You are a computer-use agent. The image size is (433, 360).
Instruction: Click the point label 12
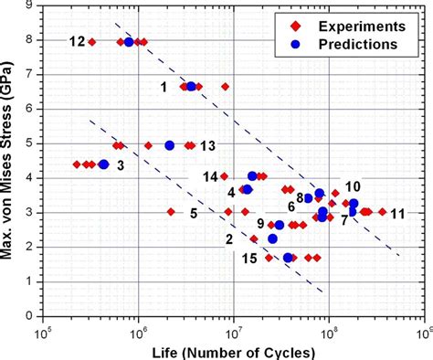click(77, 41)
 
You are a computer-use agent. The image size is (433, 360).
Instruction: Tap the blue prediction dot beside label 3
click(103, 164)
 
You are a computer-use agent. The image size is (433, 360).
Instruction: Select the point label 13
click(207, 145)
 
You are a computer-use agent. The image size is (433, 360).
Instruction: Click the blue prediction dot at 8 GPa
click(129, 42)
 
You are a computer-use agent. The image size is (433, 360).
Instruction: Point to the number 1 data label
click(164, 87)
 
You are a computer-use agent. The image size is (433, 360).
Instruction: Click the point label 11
click(396, 214)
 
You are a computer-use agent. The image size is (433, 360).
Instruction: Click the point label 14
click(209, 176)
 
